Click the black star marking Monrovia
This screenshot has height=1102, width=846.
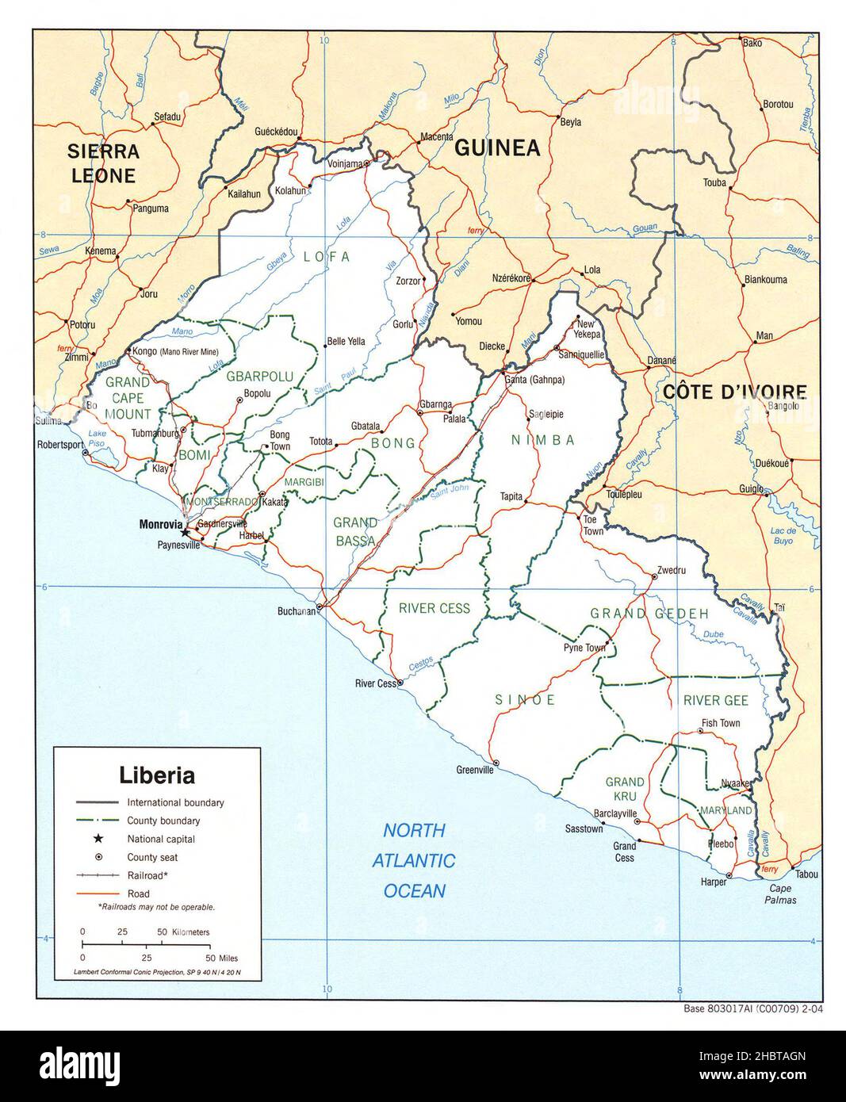[x=186, y=533]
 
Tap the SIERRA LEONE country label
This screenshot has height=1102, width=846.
[x=103, y=163]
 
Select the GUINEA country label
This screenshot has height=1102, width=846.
[x=496, y=147]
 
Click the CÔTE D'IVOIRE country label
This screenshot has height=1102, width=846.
[x=734, y=391]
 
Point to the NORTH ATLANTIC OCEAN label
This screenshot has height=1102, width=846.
[x=414, y=860]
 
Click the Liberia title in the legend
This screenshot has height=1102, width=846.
[x=157, y=774]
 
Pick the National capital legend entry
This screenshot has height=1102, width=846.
[x=161, y=839]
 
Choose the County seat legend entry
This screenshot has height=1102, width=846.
[x=152, y=857]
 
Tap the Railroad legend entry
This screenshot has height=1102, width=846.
[x=147, y=875]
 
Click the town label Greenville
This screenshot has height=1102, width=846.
[x=475, y=769]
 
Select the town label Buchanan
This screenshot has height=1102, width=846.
[x=296, y=611]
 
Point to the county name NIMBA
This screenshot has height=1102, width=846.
[x=542, y=440]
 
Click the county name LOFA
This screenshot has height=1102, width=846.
[x=326, y=256]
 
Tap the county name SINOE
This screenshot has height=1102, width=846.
[x=525, y=700]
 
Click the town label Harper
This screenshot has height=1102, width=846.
[x=714, y=882]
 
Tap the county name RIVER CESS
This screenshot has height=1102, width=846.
[x=434, y=609]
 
